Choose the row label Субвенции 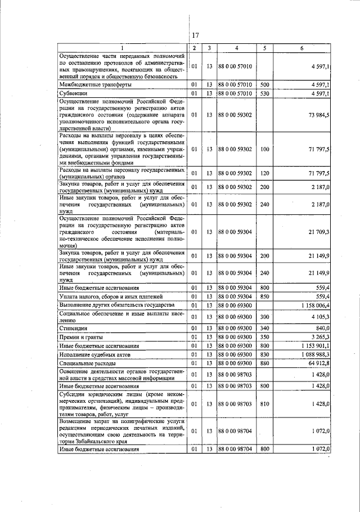point(74,93)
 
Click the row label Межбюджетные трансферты point(96,84)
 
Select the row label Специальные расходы point(87,364)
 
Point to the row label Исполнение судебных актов point(95,356)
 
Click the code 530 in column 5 point(265,93)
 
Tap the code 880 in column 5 point(265,364)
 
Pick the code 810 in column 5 point(265,403)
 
